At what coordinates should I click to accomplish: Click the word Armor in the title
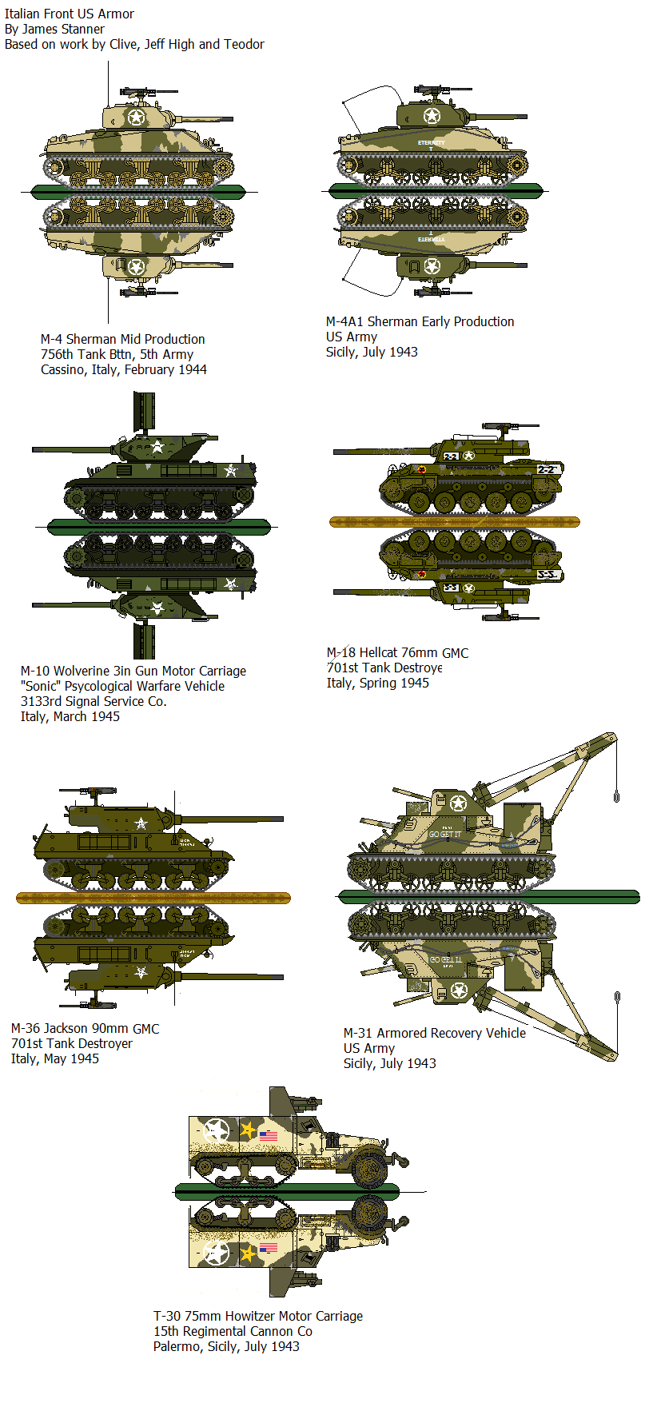tap(116, 14)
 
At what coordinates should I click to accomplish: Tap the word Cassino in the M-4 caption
tap(65, 369)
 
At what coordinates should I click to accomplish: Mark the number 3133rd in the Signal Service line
tap(44, 701)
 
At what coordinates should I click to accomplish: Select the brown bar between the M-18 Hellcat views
tap(454, 522)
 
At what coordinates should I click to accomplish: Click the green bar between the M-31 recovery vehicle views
tap(488, 896)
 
